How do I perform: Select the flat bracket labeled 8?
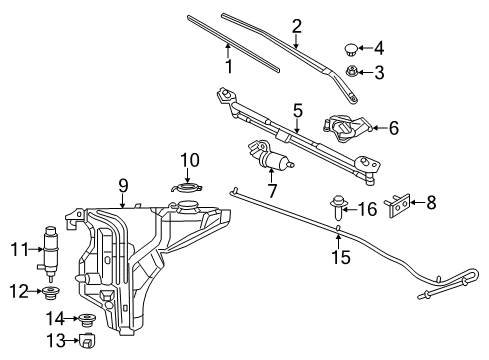(399, 204)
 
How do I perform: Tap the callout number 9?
(122, 185)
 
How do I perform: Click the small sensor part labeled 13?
(87, 343)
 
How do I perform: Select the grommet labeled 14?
(88, 320)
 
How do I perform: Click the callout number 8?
(430, 203)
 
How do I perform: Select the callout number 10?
(190, 160)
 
